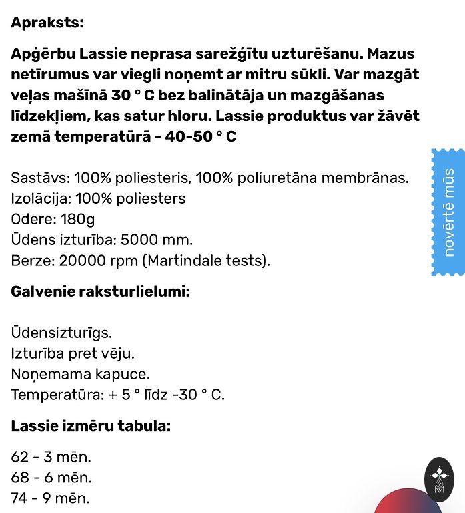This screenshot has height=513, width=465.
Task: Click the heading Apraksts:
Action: [x=47, y=22]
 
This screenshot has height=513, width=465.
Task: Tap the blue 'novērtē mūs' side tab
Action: [x=448, y=212]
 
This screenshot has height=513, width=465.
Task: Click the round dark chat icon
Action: [x=439, y=479]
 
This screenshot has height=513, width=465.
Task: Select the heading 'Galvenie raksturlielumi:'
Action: [x=100, y=291]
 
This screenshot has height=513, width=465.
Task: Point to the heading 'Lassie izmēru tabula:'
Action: [x=91, y=425]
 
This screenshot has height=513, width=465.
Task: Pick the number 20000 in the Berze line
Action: [x=82, y=261]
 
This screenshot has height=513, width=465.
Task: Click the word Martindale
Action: [x=190, y=261]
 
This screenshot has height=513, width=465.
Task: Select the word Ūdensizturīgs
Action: [x=61, y=332]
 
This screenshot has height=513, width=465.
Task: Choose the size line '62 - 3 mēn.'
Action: [x=51, y=457]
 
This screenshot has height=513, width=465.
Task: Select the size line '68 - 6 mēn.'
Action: [x=51, y=478]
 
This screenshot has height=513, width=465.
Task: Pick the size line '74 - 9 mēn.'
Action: [x=51, y=498]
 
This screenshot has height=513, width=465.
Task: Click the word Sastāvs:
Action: [x=40, y=178]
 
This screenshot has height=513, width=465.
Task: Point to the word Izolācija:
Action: [x=41, y=199]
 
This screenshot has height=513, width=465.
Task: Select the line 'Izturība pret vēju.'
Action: [x=77, y=353]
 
